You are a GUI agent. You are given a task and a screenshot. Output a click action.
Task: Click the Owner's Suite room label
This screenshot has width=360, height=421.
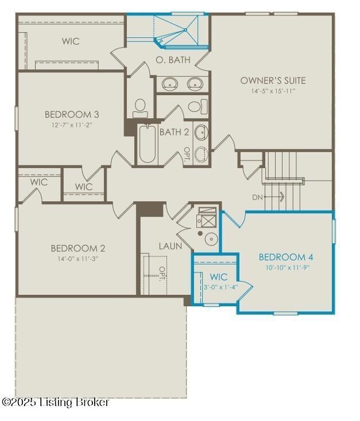coord(273,80)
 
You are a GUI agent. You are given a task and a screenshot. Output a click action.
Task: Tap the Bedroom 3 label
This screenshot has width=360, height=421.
coord(72,114)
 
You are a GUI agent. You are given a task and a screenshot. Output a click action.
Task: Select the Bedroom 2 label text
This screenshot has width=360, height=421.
coord(78,248)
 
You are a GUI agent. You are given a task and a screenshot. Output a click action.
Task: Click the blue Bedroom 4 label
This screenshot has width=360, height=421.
coord(286,257)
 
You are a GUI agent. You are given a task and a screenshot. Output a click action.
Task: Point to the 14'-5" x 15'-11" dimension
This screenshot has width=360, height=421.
coord(273,91)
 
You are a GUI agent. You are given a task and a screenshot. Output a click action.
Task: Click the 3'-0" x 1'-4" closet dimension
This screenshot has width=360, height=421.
coord(220,287)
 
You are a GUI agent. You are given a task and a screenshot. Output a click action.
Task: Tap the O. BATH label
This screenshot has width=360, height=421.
coord(173,60)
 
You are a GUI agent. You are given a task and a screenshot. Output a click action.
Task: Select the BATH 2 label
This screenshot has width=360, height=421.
coord(174,132)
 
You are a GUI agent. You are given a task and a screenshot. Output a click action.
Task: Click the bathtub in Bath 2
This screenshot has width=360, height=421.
coord(148,143)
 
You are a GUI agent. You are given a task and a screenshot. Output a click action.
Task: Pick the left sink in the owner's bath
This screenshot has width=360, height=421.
coord(170,84)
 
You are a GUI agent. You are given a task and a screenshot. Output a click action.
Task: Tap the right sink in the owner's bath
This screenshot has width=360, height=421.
coord(195,84)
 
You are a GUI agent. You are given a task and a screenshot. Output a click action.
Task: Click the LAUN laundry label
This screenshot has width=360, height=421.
coord(170,246)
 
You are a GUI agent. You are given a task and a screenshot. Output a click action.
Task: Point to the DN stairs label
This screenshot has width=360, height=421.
coord(257,197)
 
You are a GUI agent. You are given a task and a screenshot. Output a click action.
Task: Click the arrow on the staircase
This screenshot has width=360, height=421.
coord(274,197)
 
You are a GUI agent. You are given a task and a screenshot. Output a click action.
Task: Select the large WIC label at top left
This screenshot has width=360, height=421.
coord(71,41)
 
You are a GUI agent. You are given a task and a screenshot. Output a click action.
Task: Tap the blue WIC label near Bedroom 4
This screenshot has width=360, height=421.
coord(219,277)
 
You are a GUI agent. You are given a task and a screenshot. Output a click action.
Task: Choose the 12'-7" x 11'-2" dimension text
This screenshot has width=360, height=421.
coord(72,125)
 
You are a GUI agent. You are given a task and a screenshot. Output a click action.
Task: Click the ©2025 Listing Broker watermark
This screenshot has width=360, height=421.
coord(55,402)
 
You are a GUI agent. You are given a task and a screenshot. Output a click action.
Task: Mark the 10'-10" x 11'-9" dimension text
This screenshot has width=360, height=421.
coord(286,267)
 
